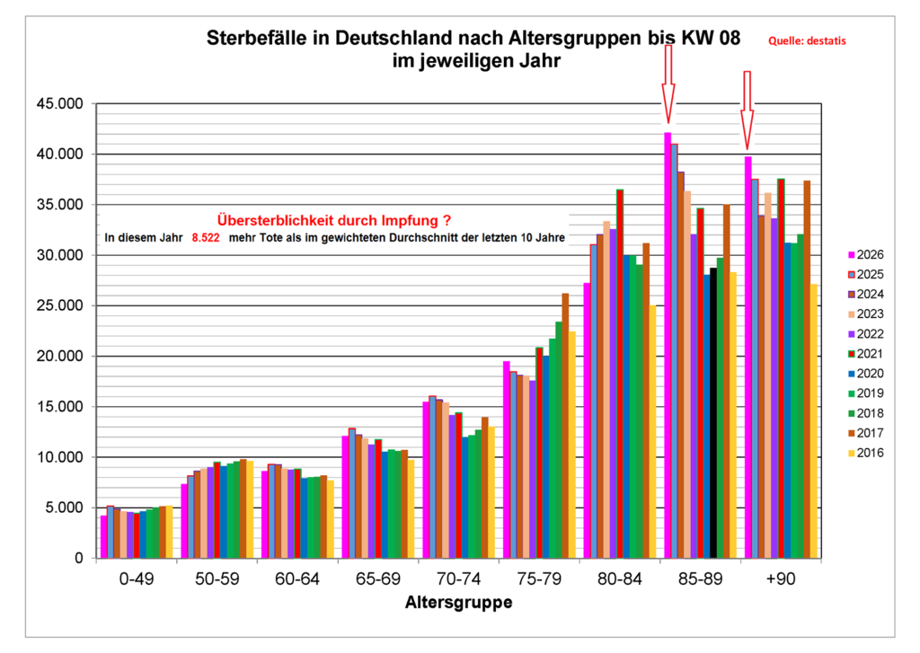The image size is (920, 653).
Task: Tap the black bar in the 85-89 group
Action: click(713, 413)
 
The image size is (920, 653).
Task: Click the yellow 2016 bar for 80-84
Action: click(652, 432)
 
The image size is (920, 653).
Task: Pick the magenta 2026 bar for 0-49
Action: click(104, 536)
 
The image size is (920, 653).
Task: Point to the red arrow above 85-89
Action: click(668, 85)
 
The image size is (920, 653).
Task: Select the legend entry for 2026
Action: click(864, 254)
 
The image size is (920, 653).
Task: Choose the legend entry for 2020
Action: click(864, 373)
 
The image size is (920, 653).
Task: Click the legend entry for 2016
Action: click(864, 452)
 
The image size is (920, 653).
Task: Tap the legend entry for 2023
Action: click(864, 313)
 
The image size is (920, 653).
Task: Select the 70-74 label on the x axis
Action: click(459, 580)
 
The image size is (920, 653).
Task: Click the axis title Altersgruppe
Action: click(458, 603)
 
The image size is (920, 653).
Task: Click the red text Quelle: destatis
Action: click(808, 40)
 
